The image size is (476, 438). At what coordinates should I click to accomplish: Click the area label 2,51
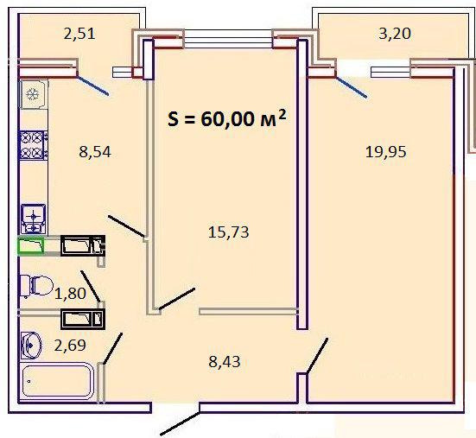(x=79, y=34)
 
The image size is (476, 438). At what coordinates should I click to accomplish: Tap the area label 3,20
(x=395, y=34)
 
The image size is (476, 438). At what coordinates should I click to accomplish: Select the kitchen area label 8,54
(x=95, y=152)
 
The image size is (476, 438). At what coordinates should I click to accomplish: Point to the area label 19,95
(x=385, y=152)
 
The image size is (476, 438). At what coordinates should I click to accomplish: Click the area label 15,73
(x=229, y=232)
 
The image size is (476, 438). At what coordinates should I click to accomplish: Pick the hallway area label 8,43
(x=225, y=361)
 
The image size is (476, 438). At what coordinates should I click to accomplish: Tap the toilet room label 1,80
(x=70, y=294)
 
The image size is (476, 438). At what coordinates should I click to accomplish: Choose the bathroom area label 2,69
(x=70, y=345)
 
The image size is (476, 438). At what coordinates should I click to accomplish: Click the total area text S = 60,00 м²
(x=226, y=118)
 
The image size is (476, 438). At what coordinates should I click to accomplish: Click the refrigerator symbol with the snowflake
(x=34, y=94)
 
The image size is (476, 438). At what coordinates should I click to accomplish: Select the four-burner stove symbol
(x=33, y=145)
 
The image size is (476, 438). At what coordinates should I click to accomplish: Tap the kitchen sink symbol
(x=34, y=219)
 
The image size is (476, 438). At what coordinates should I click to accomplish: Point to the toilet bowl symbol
(x=35, y=285)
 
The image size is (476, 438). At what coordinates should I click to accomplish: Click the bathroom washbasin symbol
(x=31, y=346)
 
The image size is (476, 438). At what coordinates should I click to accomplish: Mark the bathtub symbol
(x=58, y=381)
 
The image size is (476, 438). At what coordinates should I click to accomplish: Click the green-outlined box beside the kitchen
(x=30, y=245)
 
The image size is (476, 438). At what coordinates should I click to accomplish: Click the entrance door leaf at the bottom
(x=180, y=423)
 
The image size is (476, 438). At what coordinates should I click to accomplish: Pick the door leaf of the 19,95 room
(x=317, y=355)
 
